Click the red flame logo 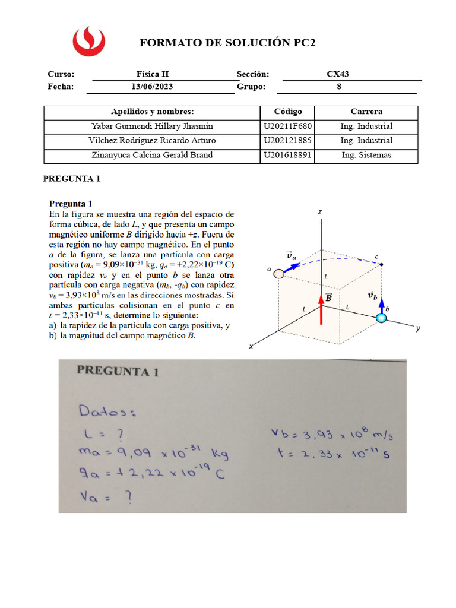tap(88, 40)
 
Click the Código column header tap(288, 112)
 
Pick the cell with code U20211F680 tap(288, 126)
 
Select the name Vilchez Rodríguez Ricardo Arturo tap(152, 141)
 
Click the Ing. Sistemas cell tap(366, 156)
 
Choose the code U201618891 tap(288, 156)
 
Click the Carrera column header tap(366, 112)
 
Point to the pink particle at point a tap(277, 273)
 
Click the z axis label tap(319, 211)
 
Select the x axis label tap(252, 346)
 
